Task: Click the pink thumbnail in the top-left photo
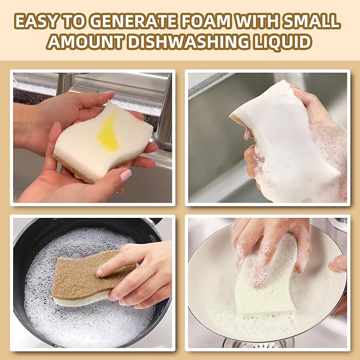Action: tap(126, 175)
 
